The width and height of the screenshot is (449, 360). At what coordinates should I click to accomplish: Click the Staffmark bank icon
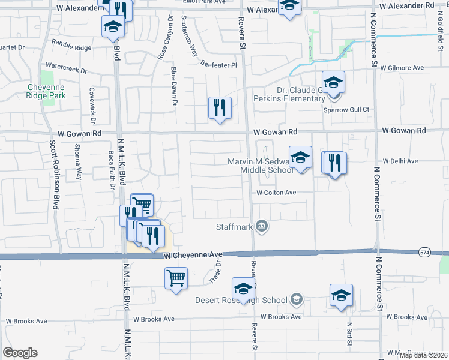(262, 226)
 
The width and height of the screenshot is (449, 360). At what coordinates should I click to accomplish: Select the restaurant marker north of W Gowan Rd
(220, 108)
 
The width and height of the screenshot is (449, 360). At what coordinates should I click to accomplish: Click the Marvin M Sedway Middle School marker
(301, 158)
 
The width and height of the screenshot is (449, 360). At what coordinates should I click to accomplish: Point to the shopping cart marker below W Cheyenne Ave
(176, 278)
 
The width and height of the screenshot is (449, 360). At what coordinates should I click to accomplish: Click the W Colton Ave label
(276, 193)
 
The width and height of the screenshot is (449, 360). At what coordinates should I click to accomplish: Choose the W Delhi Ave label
(400, 161)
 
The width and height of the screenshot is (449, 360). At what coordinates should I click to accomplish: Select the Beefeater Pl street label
(219, 65)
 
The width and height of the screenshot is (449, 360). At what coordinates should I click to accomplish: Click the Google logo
(20, 352)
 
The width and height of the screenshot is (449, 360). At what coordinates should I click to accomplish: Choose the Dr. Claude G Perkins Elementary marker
(333, 83)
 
